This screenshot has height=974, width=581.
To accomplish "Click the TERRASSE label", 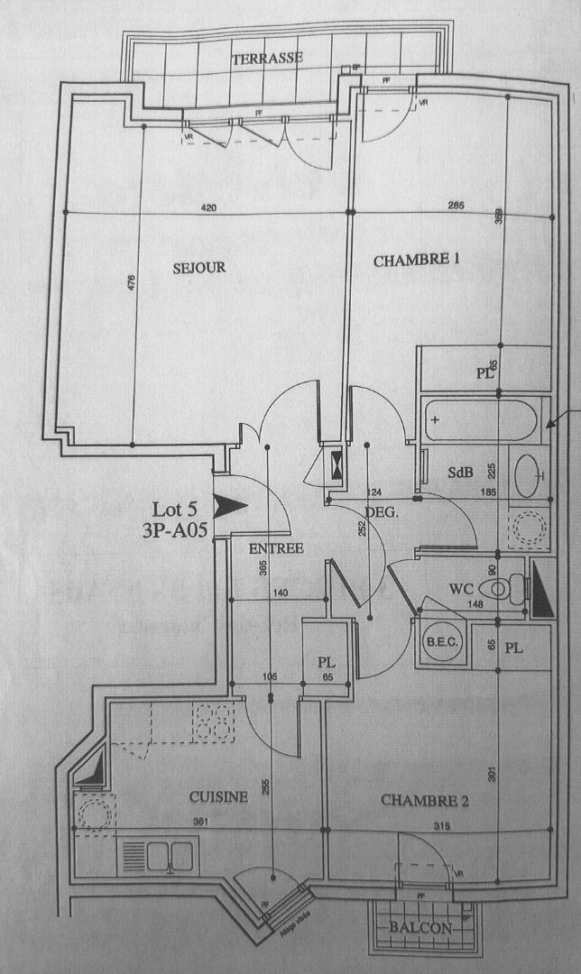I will coord(267,59).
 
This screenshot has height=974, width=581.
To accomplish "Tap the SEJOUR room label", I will coord(199,268).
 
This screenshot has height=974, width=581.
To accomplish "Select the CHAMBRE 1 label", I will coord(417,261).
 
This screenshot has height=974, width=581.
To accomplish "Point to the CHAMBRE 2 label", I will coord(425,800).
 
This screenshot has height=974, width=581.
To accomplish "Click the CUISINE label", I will coord(218,796).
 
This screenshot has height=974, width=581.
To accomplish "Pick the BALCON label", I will coord(421,928).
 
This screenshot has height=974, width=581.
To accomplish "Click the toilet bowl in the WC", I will coord(498,590).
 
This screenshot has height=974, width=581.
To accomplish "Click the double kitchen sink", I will coord(159,853).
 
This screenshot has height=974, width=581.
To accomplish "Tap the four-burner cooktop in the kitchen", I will coord(213,721).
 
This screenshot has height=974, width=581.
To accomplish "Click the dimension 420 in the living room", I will coord(209,208).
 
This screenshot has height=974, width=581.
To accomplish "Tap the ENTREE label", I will coord(276,548).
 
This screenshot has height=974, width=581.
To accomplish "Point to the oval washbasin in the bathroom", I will coord(528,471).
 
